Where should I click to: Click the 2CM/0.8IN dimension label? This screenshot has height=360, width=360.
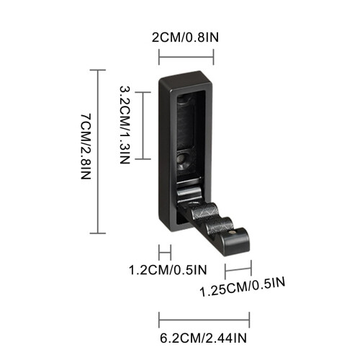185,37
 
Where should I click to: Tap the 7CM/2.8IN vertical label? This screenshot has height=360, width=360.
86,147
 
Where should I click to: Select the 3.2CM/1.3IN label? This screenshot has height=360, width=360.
125,125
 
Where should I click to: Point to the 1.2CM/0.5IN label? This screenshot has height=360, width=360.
168,270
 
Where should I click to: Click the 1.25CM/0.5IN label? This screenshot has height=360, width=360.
243,287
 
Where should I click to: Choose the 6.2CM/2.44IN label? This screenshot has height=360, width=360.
203,338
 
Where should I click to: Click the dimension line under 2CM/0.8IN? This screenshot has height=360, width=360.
186,57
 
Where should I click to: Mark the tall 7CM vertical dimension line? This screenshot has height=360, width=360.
98,151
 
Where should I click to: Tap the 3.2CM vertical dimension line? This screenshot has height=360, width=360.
143,125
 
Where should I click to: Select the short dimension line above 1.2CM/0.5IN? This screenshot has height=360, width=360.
165,253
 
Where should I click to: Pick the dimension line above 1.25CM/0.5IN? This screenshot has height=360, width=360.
238,269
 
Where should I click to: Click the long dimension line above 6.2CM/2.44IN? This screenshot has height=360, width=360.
204,320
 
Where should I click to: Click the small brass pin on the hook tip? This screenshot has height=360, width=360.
233,232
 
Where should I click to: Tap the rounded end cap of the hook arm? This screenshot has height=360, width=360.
235,242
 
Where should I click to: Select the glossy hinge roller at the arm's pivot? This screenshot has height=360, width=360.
189,193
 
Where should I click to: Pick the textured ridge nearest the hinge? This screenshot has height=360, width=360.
206,211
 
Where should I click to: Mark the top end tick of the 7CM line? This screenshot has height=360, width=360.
98,70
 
